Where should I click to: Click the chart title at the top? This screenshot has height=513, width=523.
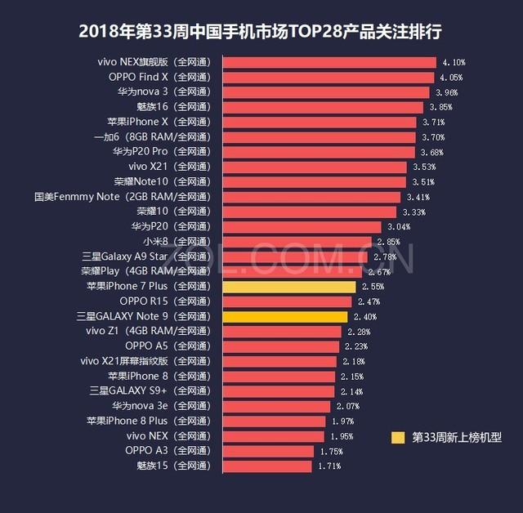[x=261, y=32]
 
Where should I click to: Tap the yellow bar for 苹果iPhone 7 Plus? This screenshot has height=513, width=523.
[x=288, y=287]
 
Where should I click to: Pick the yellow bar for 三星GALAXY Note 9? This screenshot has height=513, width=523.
[x=284, y=317]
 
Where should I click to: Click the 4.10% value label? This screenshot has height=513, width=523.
[x=454, y=63]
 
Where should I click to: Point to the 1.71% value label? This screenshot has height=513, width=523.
[x=329, y=466]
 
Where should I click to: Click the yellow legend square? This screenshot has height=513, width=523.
[x=398, y=437]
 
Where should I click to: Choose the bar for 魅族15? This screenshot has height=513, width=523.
[x=266, y=466]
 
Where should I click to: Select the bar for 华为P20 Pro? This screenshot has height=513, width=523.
[x=318, y=152]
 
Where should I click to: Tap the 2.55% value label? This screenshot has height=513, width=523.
[x=372, y=287]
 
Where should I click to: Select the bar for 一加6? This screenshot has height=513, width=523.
[x=319, y=137]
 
